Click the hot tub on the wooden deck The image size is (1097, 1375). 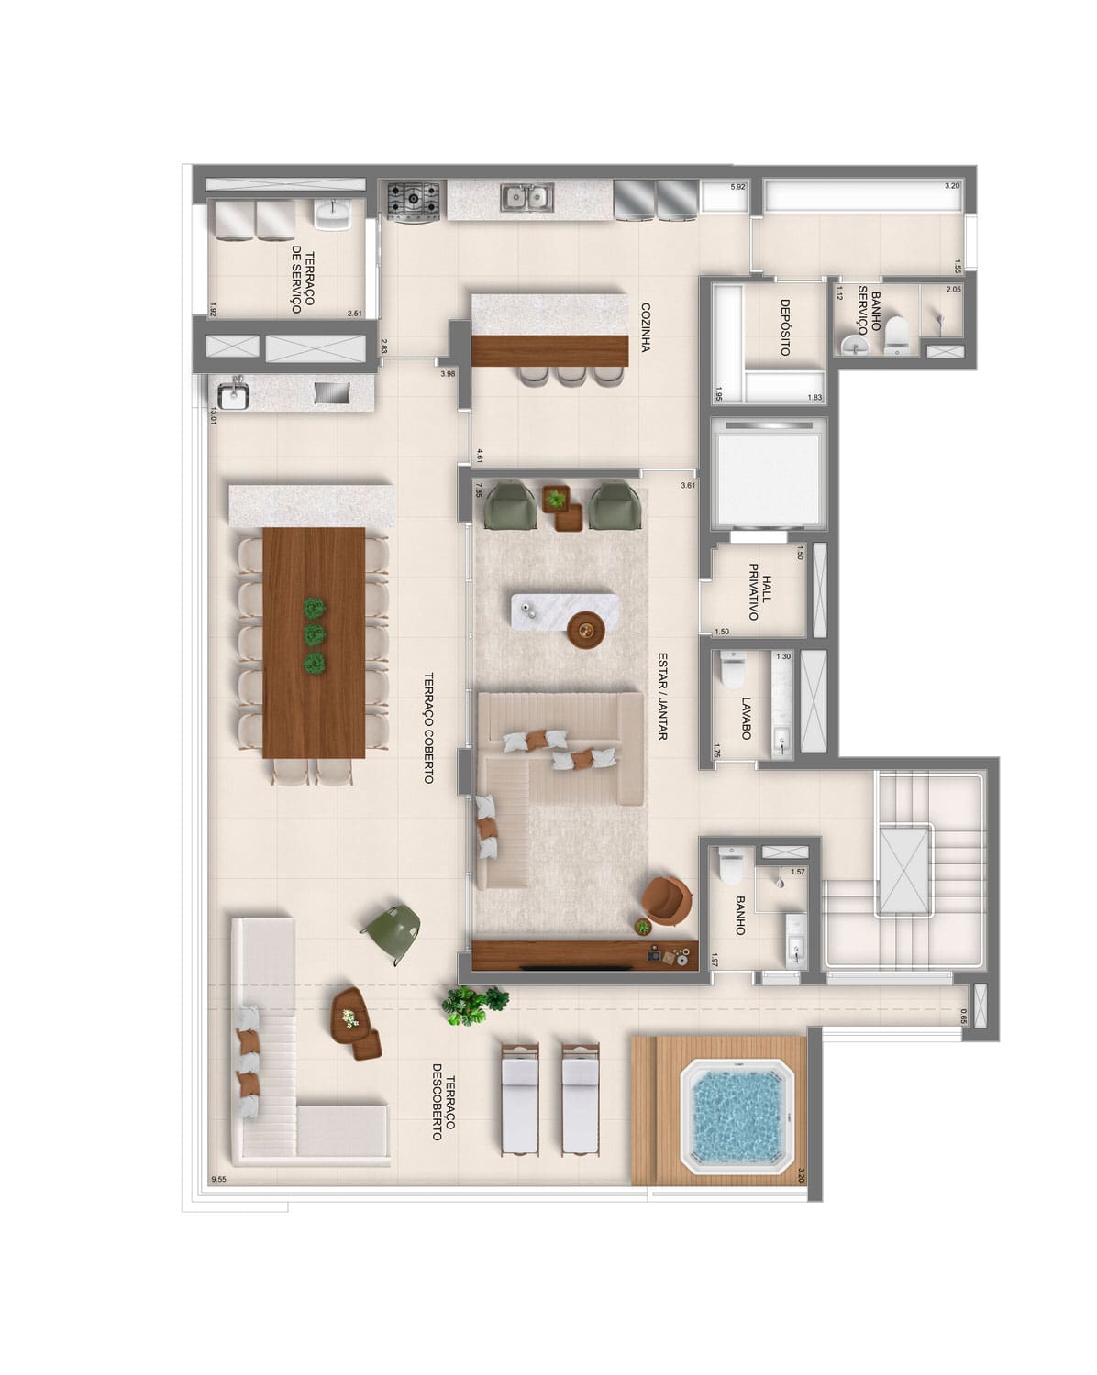(x=737, y=1116)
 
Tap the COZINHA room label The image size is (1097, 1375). (x=646, y=327)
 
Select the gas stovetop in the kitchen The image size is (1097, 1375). (x=413, y=202)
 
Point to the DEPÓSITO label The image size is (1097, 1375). (x=785, y=327)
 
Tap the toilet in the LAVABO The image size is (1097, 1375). (x=733, y=668)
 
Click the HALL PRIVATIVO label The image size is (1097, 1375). (x=760, y=591)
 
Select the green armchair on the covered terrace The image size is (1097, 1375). (x=392, y=933)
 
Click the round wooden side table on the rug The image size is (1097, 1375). (x=585, y=630)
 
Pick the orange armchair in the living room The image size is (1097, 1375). (x=667, y=900)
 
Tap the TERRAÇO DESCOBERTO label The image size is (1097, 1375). (x=444, y=1102)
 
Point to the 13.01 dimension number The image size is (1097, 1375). (x=213, y=416)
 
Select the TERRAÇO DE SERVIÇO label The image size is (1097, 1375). (x=303, y=282)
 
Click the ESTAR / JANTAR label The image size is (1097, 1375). (x=662, y=696)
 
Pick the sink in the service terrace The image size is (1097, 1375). (x=332, y=214)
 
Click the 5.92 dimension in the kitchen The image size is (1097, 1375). (x=737, y=187)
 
